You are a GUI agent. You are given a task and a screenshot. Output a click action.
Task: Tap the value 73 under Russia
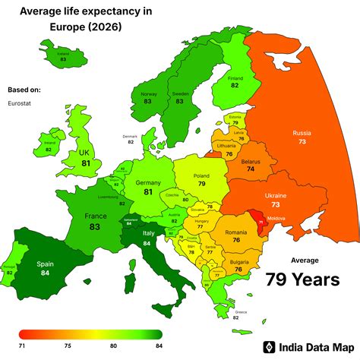click(302, 142)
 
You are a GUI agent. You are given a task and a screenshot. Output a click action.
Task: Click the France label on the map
click(95, 216)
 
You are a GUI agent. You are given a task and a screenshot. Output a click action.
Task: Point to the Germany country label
click(148, 182)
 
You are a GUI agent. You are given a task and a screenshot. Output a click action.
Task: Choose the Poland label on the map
click(201, 172)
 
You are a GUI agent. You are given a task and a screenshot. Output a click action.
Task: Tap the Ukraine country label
click(275, 195)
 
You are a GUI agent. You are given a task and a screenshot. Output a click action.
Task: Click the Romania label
click(236, 230)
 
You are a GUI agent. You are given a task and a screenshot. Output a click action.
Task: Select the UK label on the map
click(86, 152)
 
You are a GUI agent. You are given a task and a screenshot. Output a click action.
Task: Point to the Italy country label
click(149, 232)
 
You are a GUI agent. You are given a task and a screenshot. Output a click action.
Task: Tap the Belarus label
click(251, 161)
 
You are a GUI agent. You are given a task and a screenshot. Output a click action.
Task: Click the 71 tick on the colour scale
click(24, 345)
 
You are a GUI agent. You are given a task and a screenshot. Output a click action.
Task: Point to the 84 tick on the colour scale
click(158, 345)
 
